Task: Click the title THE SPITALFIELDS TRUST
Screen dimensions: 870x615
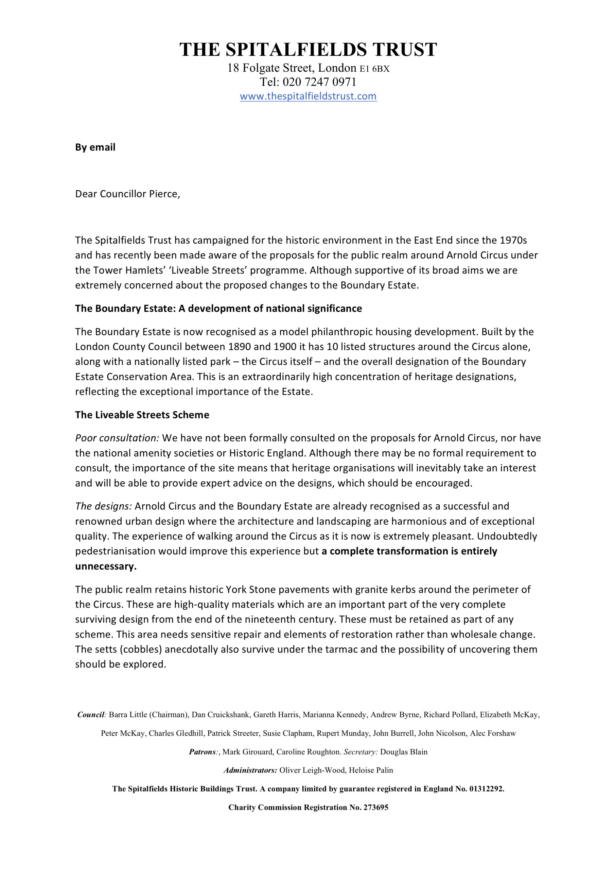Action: (308, 50)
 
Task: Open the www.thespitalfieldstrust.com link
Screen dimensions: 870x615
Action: (308, 96)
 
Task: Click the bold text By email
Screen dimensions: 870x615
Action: (95, 147)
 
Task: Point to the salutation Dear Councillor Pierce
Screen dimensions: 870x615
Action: (127, 194)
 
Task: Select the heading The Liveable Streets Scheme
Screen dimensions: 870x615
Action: (142, 415)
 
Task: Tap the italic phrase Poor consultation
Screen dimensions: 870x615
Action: (117, 438)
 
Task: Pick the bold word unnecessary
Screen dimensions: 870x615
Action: (106, 567)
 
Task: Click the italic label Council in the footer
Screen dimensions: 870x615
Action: (91, 715)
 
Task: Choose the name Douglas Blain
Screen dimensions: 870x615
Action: (404, 752)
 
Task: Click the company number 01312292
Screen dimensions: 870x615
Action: (487, 789)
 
